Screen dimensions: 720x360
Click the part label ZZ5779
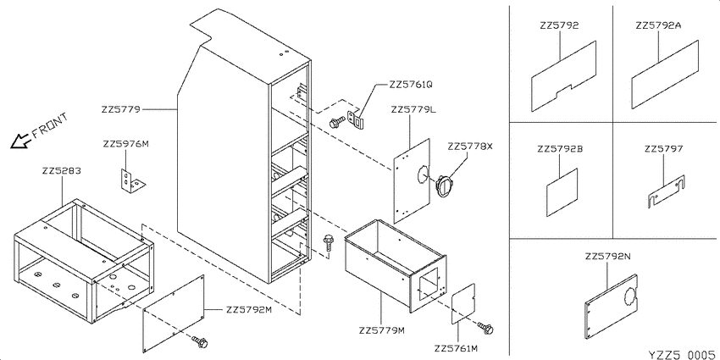tap(121, 110)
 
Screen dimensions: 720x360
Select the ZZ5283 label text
tap(62, 171)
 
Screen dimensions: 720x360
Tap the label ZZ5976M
tap(126, 144)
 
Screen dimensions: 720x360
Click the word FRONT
tap(50, 125)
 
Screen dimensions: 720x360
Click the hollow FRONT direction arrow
tap(19, 141)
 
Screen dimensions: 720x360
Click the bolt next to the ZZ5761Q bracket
tap(337, 122)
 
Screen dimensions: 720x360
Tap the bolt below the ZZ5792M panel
tap(201, 341)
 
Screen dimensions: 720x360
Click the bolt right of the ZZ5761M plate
tap(485, 328)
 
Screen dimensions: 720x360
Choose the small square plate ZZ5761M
tap(462, 304)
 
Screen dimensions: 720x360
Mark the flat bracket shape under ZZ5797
tap(667, 191)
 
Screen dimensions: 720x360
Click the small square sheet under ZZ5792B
tap(562, 192)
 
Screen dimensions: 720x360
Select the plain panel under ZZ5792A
tap(665, 75)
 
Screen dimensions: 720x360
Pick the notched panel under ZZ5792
tap(564, 76)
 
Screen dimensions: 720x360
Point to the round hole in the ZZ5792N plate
tap(630, 296)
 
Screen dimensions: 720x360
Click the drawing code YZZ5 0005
tap(681, 354)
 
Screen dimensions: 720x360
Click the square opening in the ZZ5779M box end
tap(429, 285)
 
